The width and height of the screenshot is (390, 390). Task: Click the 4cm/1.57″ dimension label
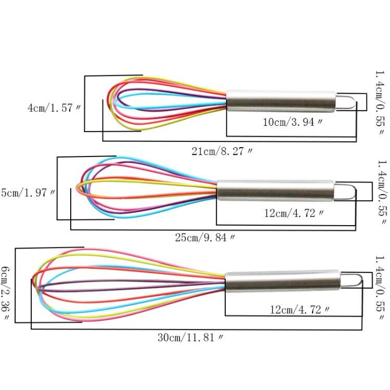point(54,108)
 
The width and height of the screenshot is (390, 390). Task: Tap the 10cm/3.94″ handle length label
point(293,122)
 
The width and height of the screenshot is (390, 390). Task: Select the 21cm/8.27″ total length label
point(222,151)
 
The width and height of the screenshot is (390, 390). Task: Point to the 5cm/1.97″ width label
point(28,192)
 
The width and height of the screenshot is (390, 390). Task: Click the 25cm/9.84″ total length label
point(205,238)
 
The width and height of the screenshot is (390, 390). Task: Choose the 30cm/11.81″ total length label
point(190,337)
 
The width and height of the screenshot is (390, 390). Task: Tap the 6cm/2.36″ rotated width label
point(6,293)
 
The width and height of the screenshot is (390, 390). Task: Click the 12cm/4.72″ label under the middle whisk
point(294,213)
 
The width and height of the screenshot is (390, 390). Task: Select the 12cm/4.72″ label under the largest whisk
point(300,310)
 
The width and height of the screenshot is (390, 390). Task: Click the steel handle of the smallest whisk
point(281,101)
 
